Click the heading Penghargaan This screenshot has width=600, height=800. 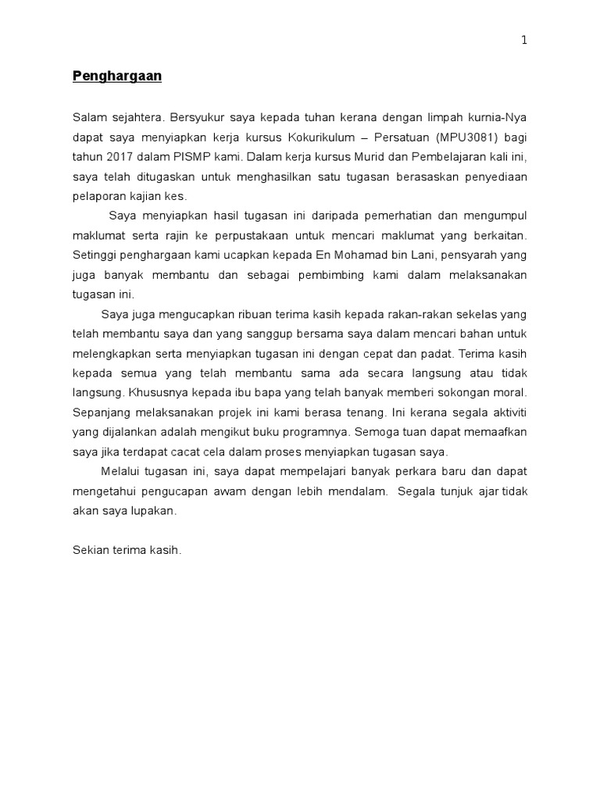click(x=117, y=77)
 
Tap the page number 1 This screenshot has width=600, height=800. click(x=525, y=41)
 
